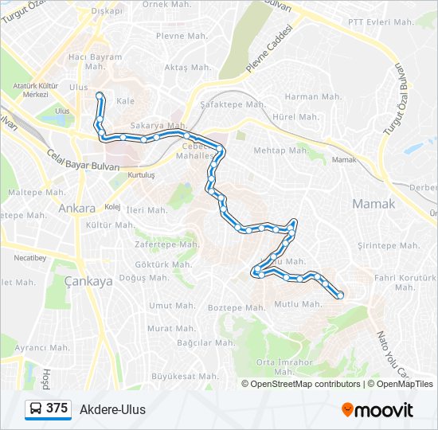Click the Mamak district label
373,204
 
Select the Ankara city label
76,209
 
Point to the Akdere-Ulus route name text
112,410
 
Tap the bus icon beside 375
36,409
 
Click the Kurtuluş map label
140,174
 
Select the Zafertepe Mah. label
166,244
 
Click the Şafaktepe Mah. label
233,104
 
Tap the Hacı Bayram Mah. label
96,62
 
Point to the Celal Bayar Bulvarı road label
82,160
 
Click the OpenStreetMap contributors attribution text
305,384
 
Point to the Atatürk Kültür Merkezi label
36,89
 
